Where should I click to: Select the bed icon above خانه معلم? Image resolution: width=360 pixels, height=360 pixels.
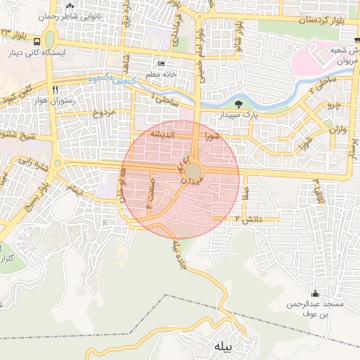click(x=162, y=63)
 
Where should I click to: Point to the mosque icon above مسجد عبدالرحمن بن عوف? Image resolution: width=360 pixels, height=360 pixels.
click(x=314, y=293)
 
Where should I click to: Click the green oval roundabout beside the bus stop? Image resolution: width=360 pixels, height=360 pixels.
click(x=50, y=36)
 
